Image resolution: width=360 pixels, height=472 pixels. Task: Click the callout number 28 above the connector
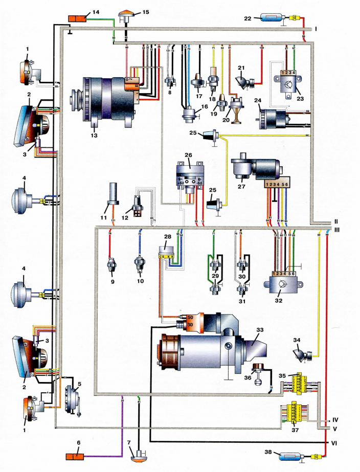tap(167, 238)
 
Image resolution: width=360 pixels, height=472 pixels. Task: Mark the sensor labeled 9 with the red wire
tap(111, 266)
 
